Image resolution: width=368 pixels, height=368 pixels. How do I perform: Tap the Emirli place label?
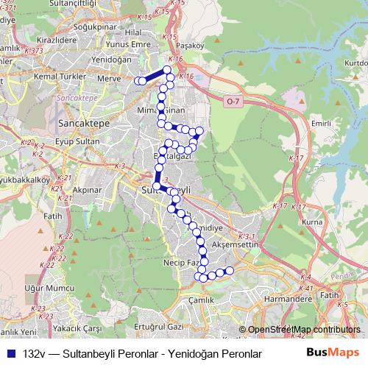(322, 124)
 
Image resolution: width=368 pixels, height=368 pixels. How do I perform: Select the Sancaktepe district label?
(83, 124)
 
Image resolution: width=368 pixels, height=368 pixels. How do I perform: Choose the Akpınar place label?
(87, 188)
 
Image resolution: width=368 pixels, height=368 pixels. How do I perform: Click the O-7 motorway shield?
(233, 101)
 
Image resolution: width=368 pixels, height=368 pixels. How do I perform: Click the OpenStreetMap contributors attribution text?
(304, 330)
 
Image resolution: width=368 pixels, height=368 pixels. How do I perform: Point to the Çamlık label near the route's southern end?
(201, 300)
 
